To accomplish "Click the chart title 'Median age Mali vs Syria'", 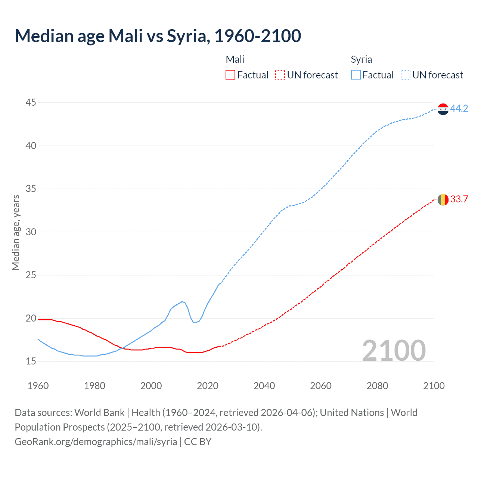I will (x=158, y=36).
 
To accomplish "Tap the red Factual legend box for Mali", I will (x=230, y=75).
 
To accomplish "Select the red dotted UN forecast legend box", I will (x=280, y=75).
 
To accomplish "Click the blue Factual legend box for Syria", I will (x=356, y=75).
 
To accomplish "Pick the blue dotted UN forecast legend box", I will (x=406, y=75).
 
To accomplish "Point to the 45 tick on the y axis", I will (x=31, y=102).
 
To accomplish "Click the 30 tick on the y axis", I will (x=31, y=232).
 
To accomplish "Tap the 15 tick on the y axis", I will (x=31, y=361).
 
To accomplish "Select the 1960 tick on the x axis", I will (x=38, y=386).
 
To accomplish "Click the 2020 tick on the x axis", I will (x=208, y=386).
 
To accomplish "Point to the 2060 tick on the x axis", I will (x=321, y=386).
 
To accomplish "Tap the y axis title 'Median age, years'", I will (x=16, y=232).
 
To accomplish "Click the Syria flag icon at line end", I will (x=443, y=109).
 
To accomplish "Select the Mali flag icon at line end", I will (x=443, y=200).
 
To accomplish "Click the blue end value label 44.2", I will (x=459, y=108).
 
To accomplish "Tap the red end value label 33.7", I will (x=459, y=199).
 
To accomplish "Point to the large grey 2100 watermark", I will (x=394, y=350).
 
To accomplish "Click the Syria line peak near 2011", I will (x=182, y=301).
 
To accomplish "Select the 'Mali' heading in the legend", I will (x=235, y=59).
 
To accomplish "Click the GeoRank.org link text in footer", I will (x=96, y=442).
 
